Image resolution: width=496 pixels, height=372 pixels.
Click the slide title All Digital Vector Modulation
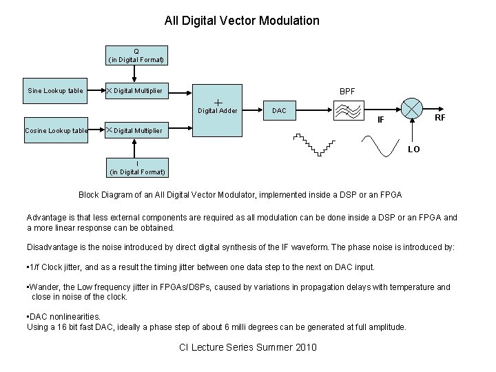(242, 21)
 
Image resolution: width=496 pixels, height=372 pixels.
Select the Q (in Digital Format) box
(136, 55)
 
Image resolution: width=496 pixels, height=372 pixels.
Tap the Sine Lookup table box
(55, 90)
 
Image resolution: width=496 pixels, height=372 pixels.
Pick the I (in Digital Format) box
(136, 167)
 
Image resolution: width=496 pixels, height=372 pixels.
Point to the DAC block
(279, 110)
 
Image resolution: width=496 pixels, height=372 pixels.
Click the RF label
(439, 118)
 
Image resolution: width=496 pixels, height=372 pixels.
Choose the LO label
(413, 148)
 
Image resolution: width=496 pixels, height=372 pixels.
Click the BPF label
(347, 90)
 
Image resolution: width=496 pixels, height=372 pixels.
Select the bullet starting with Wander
(238, 291)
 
